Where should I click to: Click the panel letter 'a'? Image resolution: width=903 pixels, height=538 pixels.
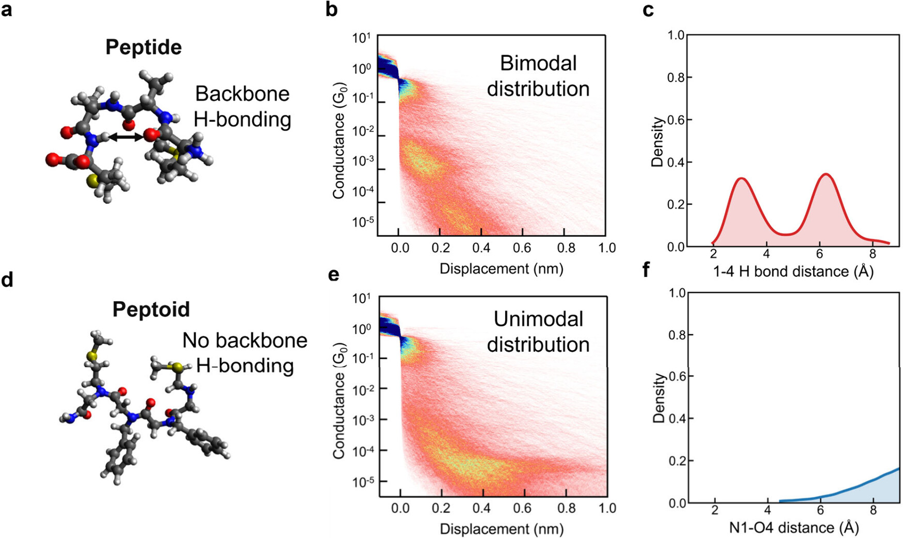7,9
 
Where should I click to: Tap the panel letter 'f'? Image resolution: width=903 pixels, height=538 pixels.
647,269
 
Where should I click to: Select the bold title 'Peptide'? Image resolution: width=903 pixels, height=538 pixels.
143,47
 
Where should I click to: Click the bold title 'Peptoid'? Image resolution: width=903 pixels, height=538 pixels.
151,309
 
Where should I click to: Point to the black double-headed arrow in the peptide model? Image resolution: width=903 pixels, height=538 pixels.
126,137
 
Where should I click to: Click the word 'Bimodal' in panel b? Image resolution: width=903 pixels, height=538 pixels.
538,63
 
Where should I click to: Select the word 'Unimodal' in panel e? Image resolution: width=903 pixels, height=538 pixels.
538,319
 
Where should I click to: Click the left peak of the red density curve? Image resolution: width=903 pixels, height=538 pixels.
741,178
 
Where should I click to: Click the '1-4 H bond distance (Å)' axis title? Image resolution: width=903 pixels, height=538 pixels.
793,271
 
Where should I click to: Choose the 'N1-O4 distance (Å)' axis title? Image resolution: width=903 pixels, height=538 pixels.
794,528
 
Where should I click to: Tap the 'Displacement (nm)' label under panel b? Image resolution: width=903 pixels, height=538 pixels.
501,269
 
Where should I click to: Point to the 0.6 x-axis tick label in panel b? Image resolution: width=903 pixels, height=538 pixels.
522,248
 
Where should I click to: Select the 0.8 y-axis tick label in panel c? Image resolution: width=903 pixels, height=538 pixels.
675,77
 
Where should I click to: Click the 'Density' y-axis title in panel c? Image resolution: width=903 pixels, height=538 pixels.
657,142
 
